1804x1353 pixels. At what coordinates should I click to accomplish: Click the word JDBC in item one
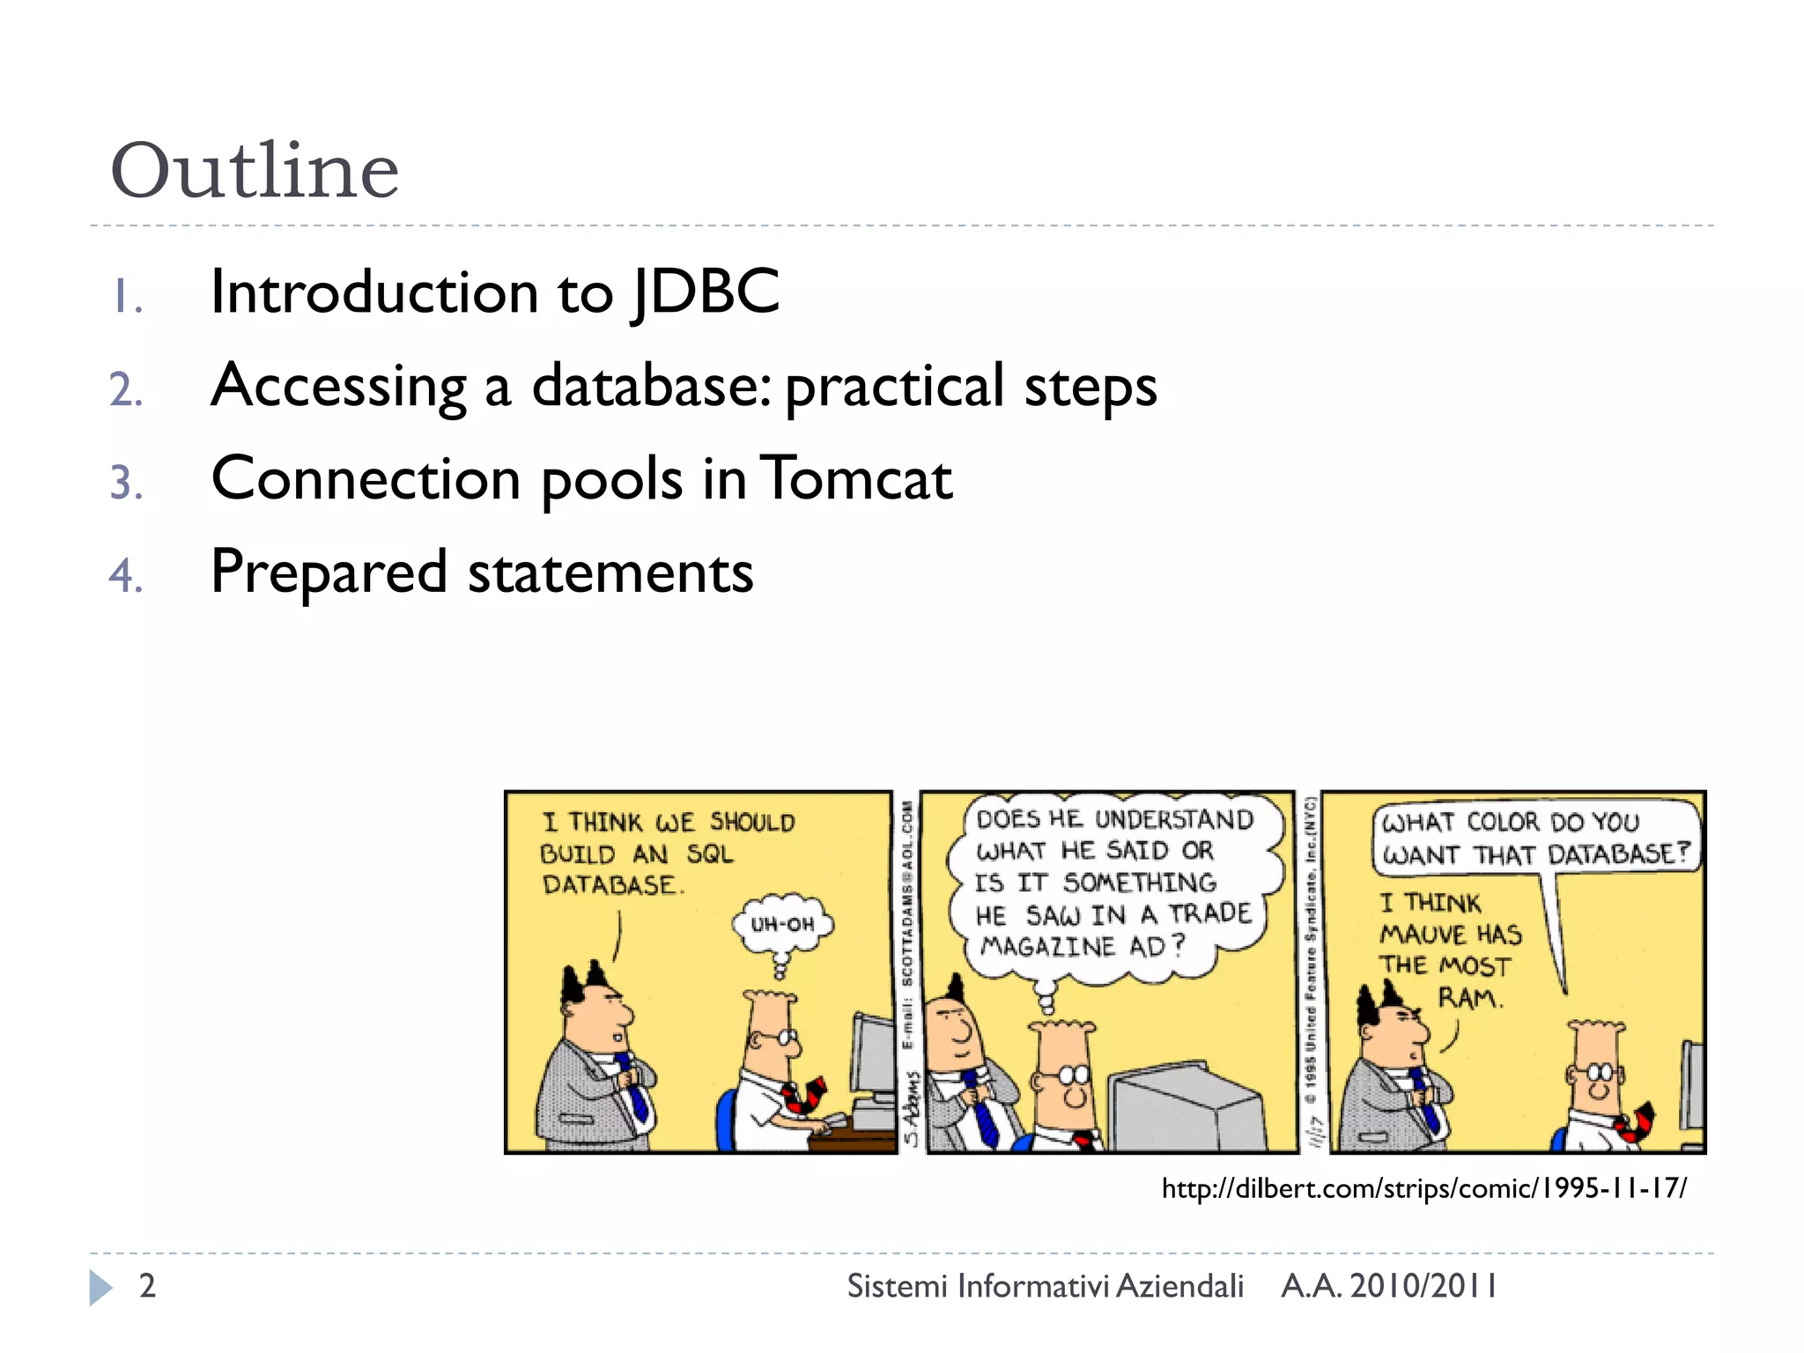tap(706, 292)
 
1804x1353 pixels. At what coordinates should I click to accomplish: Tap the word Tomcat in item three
tap(855, 479)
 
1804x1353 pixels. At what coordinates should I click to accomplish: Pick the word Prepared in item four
tap(329, 573)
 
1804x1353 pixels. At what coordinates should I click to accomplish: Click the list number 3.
tap(126, 483)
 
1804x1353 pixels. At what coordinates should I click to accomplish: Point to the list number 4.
tap(126, 576)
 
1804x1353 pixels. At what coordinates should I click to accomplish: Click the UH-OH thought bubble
tap(782, 924)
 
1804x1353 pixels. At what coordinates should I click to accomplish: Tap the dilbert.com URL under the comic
tap(1423, 1188)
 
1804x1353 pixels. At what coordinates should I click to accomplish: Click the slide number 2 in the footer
tap(147, 1286)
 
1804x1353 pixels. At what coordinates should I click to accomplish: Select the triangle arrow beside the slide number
tap(100, 1287)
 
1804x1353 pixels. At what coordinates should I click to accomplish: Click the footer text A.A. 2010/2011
tap(1388, 1286)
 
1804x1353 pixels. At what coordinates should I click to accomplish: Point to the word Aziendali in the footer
tap(1179, 1286)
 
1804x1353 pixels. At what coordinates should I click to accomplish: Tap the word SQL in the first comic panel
tap(710, 854)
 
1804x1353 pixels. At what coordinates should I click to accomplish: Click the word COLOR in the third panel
tap(1503, 822)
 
